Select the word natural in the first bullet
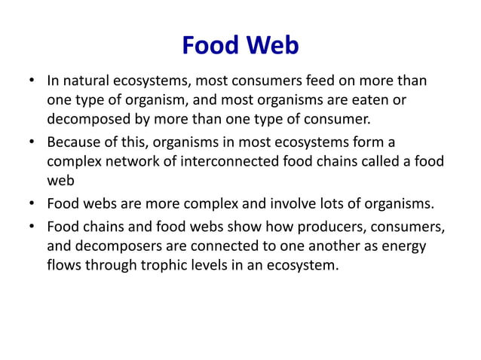pos(86,81)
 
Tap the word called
pos(380,162)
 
